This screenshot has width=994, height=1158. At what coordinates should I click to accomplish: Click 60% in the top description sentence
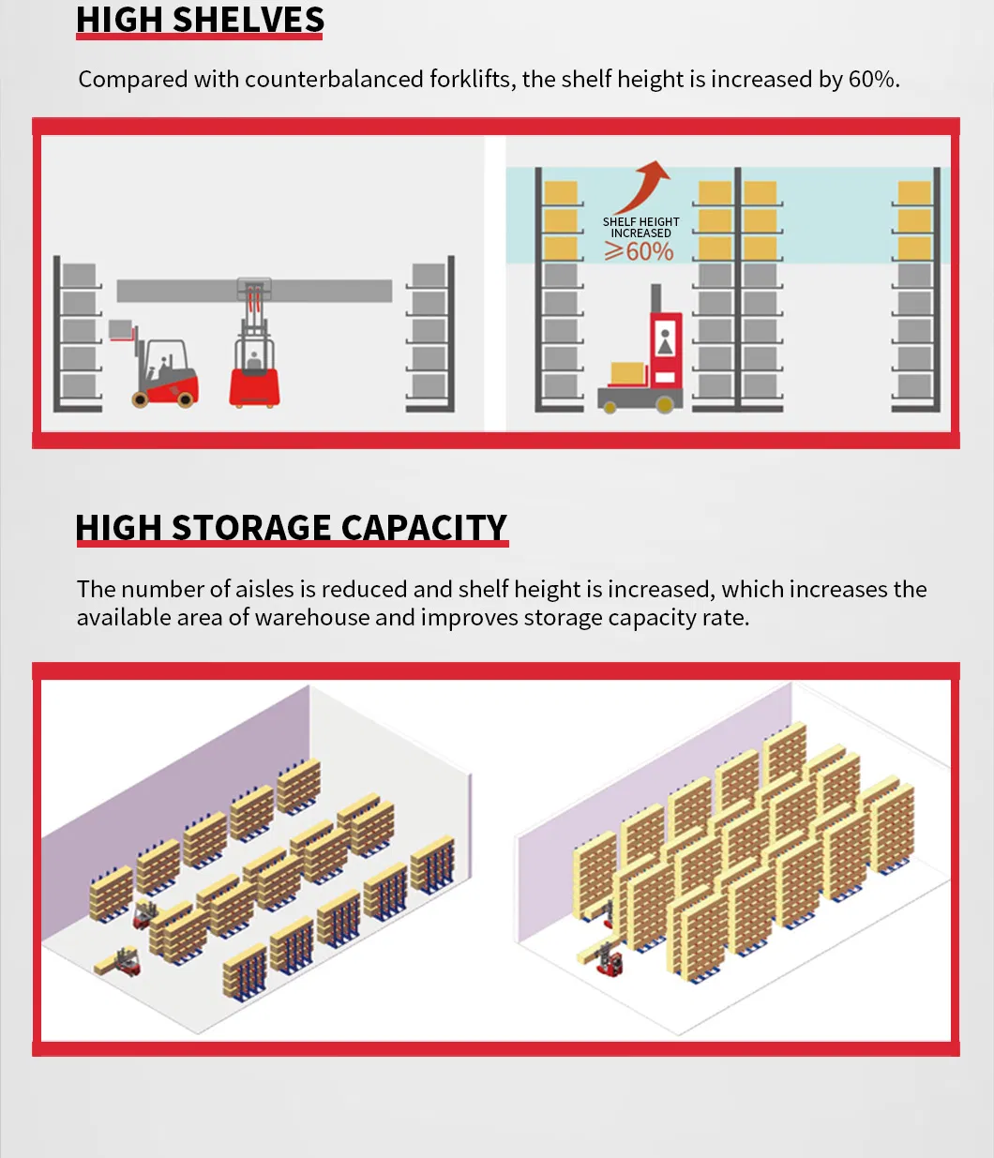(871, 80)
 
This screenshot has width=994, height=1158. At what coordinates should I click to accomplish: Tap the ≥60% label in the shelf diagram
(640, 251)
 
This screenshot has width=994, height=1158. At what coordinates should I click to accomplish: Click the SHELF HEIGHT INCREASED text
(640, 227)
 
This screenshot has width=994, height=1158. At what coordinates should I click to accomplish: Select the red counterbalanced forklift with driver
(164, 372)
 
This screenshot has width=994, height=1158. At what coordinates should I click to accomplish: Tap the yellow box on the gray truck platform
(628, 374)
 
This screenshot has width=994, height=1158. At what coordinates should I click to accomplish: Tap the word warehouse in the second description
(312, 618)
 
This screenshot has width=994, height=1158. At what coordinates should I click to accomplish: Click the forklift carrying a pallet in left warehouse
(119, 962)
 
